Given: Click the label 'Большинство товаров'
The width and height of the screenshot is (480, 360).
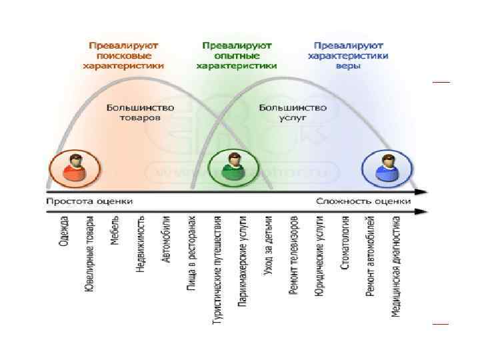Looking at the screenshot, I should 140,113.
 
